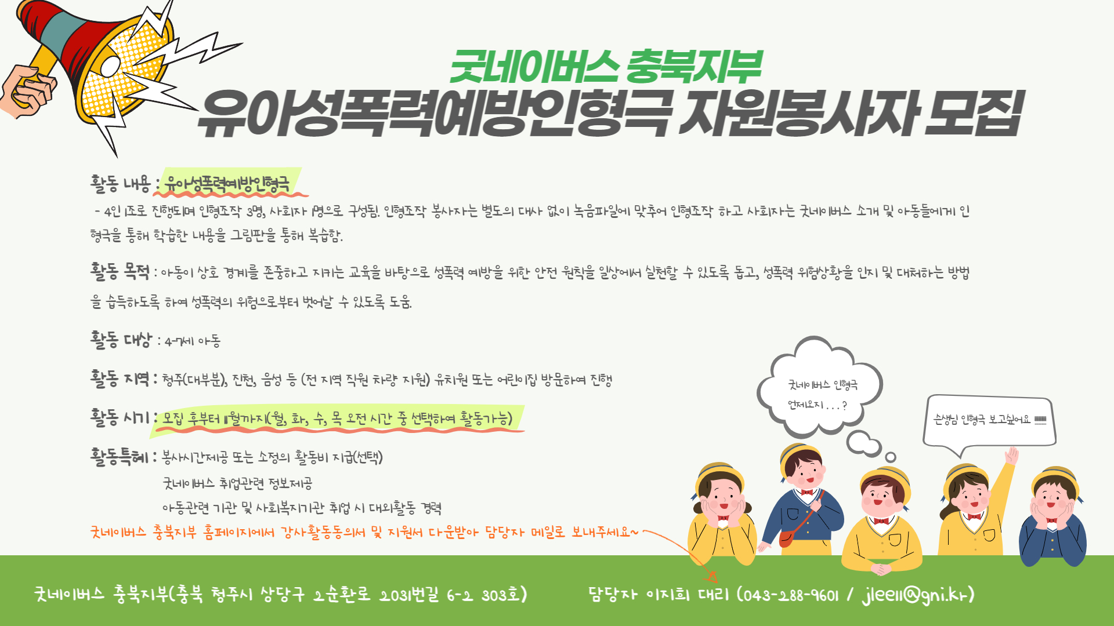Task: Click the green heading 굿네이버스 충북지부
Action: (605, 66)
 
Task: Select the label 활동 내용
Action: (120, 184)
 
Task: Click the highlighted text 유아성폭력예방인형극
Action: (227, 184)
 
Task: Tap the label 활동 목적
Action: (120, 271)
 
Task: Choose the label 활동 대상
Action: (121, 340)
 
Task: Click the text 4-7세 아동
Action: (193, 341)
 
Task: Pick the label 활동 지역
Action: (120, 378)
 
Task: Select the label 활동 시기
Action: (120, 417)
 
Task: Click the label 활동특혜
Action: (120, 457)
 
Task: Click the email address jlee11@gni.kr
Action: (915, 595)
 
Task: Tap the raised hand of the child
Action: (1012, 455)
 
